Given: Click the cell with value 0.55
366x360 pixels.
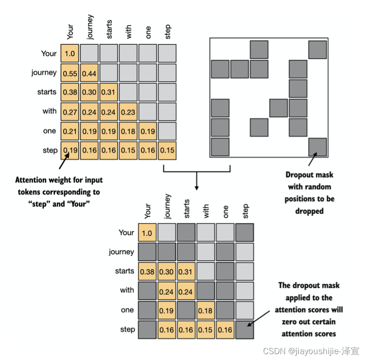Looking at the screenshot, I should pos(70,73).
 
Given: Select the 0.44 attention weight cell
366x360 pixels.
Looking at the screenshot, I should pos(89,73).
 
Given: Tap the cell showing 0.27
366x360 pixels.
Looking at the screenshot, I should pos(70,112).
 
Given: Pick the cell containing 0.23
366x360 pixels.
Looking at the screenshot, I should pos(128,112).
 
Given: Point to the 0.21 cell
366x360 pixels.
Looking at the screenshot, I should pos(70,132).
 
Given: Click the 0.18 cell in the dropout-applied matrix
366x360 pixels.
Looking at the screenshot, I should pos(205,311).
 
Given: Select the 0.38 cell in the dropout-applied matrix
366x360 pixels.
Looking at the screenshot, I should pos(147,272).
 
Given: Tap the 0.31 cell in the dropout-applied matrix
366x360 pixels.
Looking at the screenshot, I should pos(186,272).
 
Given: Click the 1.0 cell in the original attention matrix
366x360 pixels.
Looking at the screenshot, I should pos(70,54).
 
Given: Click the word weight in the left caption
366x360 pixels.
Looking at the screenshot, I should pos(64,180).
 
